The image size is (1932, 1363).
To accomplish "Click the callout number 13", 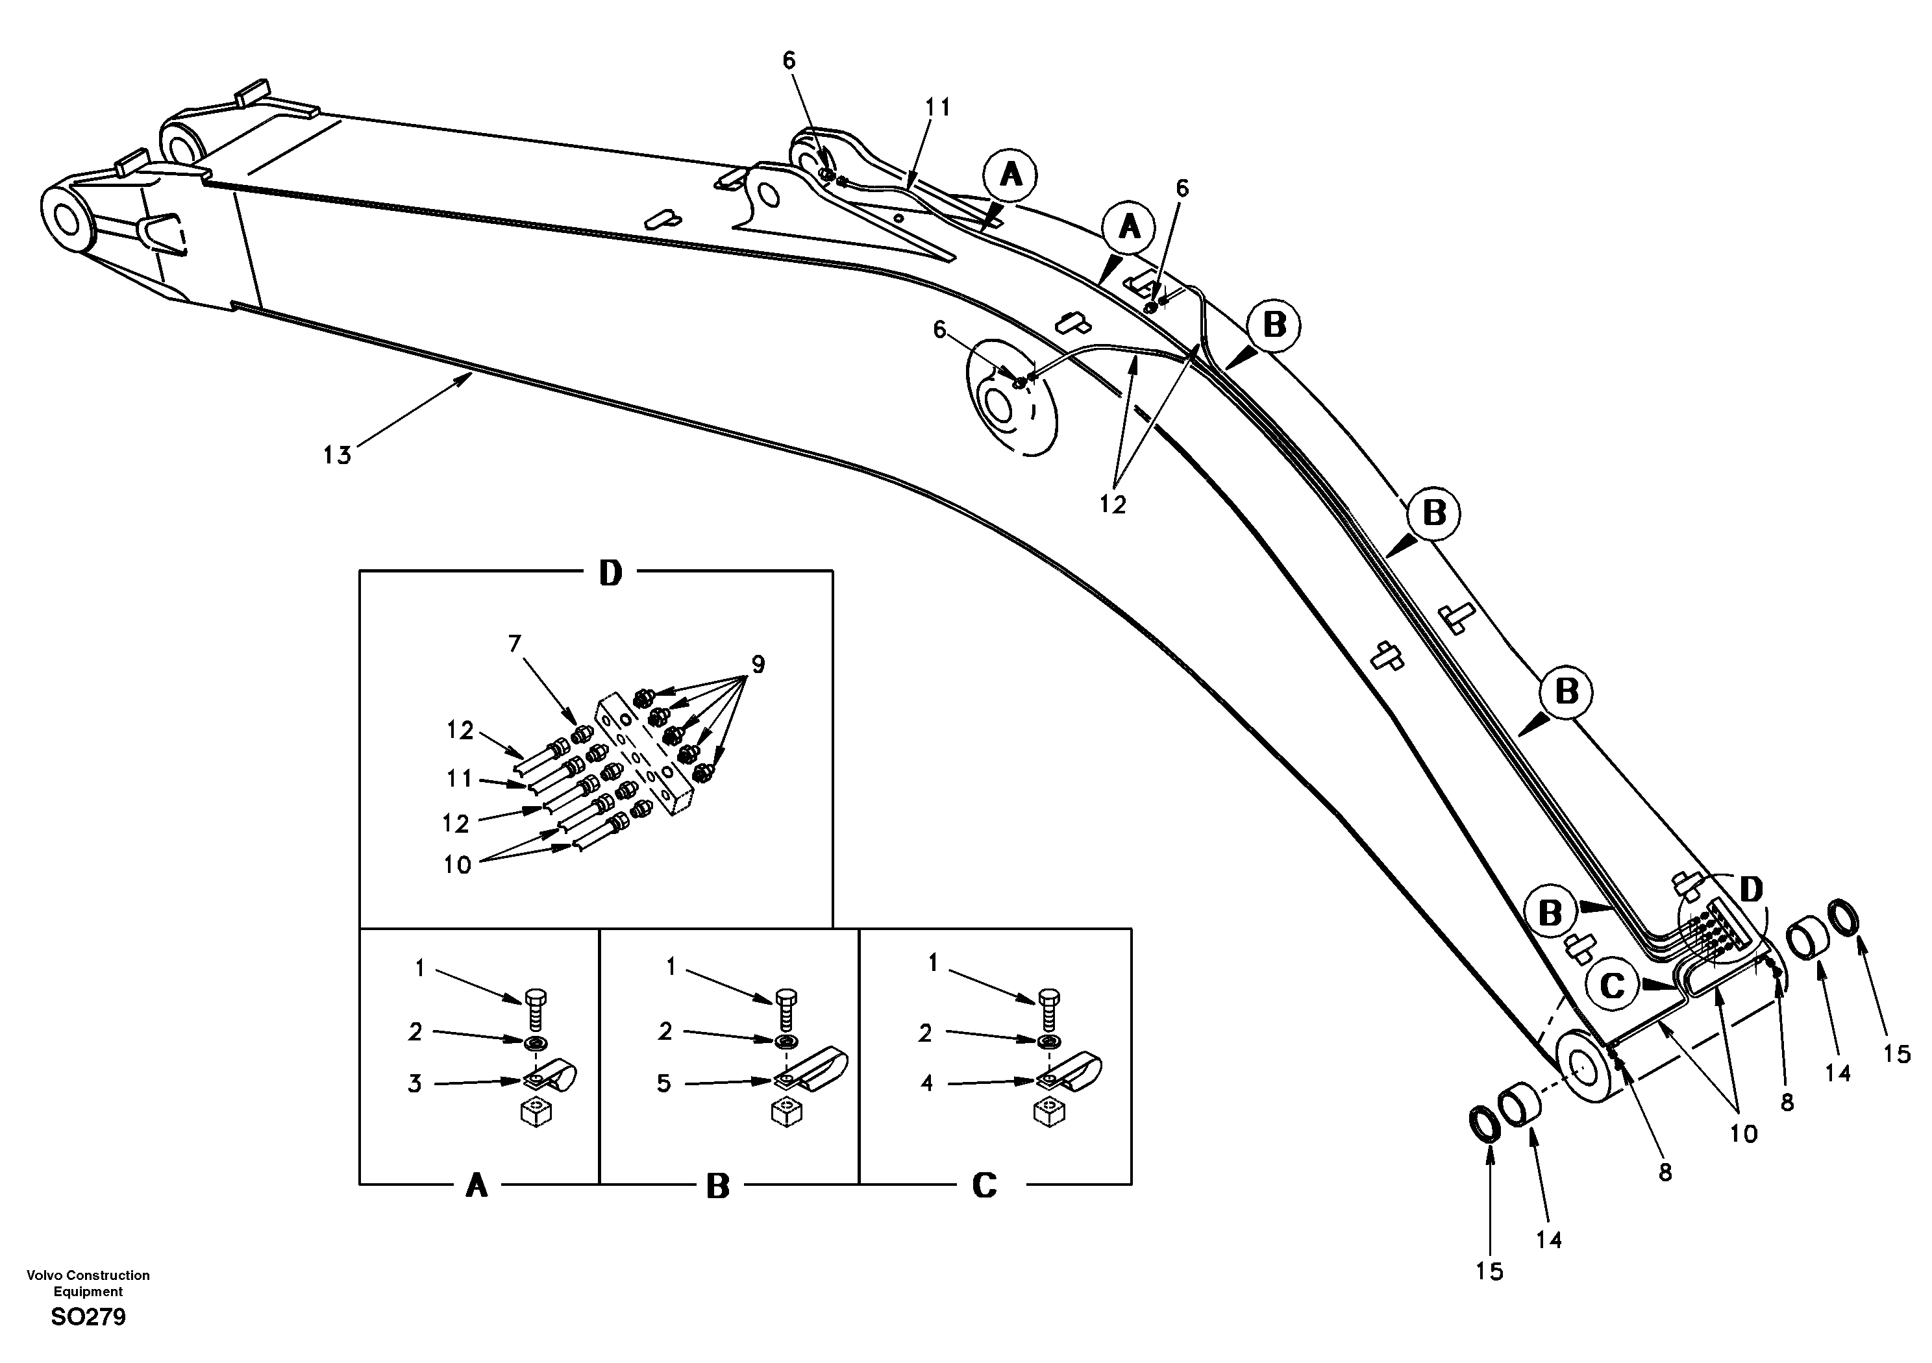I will pyautogui.click(x=336, y=455).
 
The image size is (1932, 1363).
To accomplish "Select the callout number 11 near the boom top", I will pyautogui.click(x=937, y=108).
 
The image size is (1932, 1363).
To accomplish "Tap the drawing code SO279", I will pyautogui.click(x=88, y=1317).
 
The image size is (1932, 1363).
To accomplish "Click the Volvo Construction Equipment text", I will pyautogui.click(x=88, y=1283).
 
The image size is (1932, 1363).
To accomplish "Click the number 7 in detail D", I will pyautogui.click(x=514, y=644).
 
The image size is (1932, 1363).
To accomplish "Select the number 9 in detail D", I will pyautogui.click(x=758, y=664).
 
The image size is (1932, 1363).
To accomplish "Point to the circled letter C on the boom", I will pyautogui.click(x=1612, y=985).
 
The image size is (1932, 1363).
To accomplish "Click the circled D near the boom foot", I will pyautogui.click(x=1750, y=889).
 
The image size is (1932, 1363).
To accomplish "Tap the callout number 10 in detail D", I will pyautogui.click(x=458, y=865).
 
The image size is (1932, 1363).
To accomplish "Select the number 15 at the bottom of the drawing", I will pyautogui.click(x=1489, y=1271).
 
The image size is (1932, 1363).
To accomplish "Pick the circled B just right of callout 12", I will pyautogui.click(x=1274, y=325).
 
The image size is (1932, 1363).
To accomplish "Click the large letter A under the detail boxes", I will pyautogui.click(x=477, y=1186).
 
